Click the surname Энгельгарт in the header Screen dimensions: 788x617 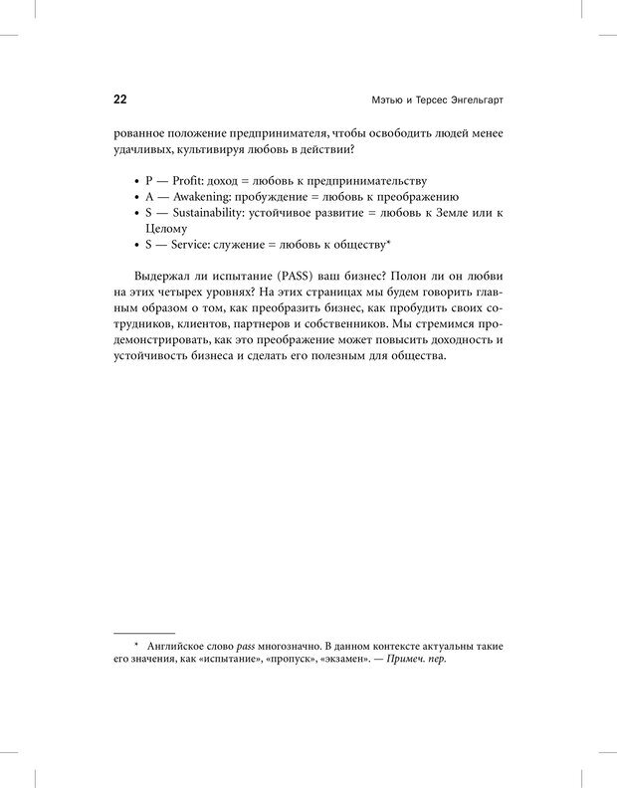[x=472, y=100]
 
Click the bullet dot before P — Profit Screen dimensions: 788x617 [x=134, y=182]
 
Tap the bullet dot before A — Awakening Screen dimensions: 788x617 [x=134, y=198]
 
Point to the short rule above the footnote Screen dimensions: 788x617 [x=144, y=632]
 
